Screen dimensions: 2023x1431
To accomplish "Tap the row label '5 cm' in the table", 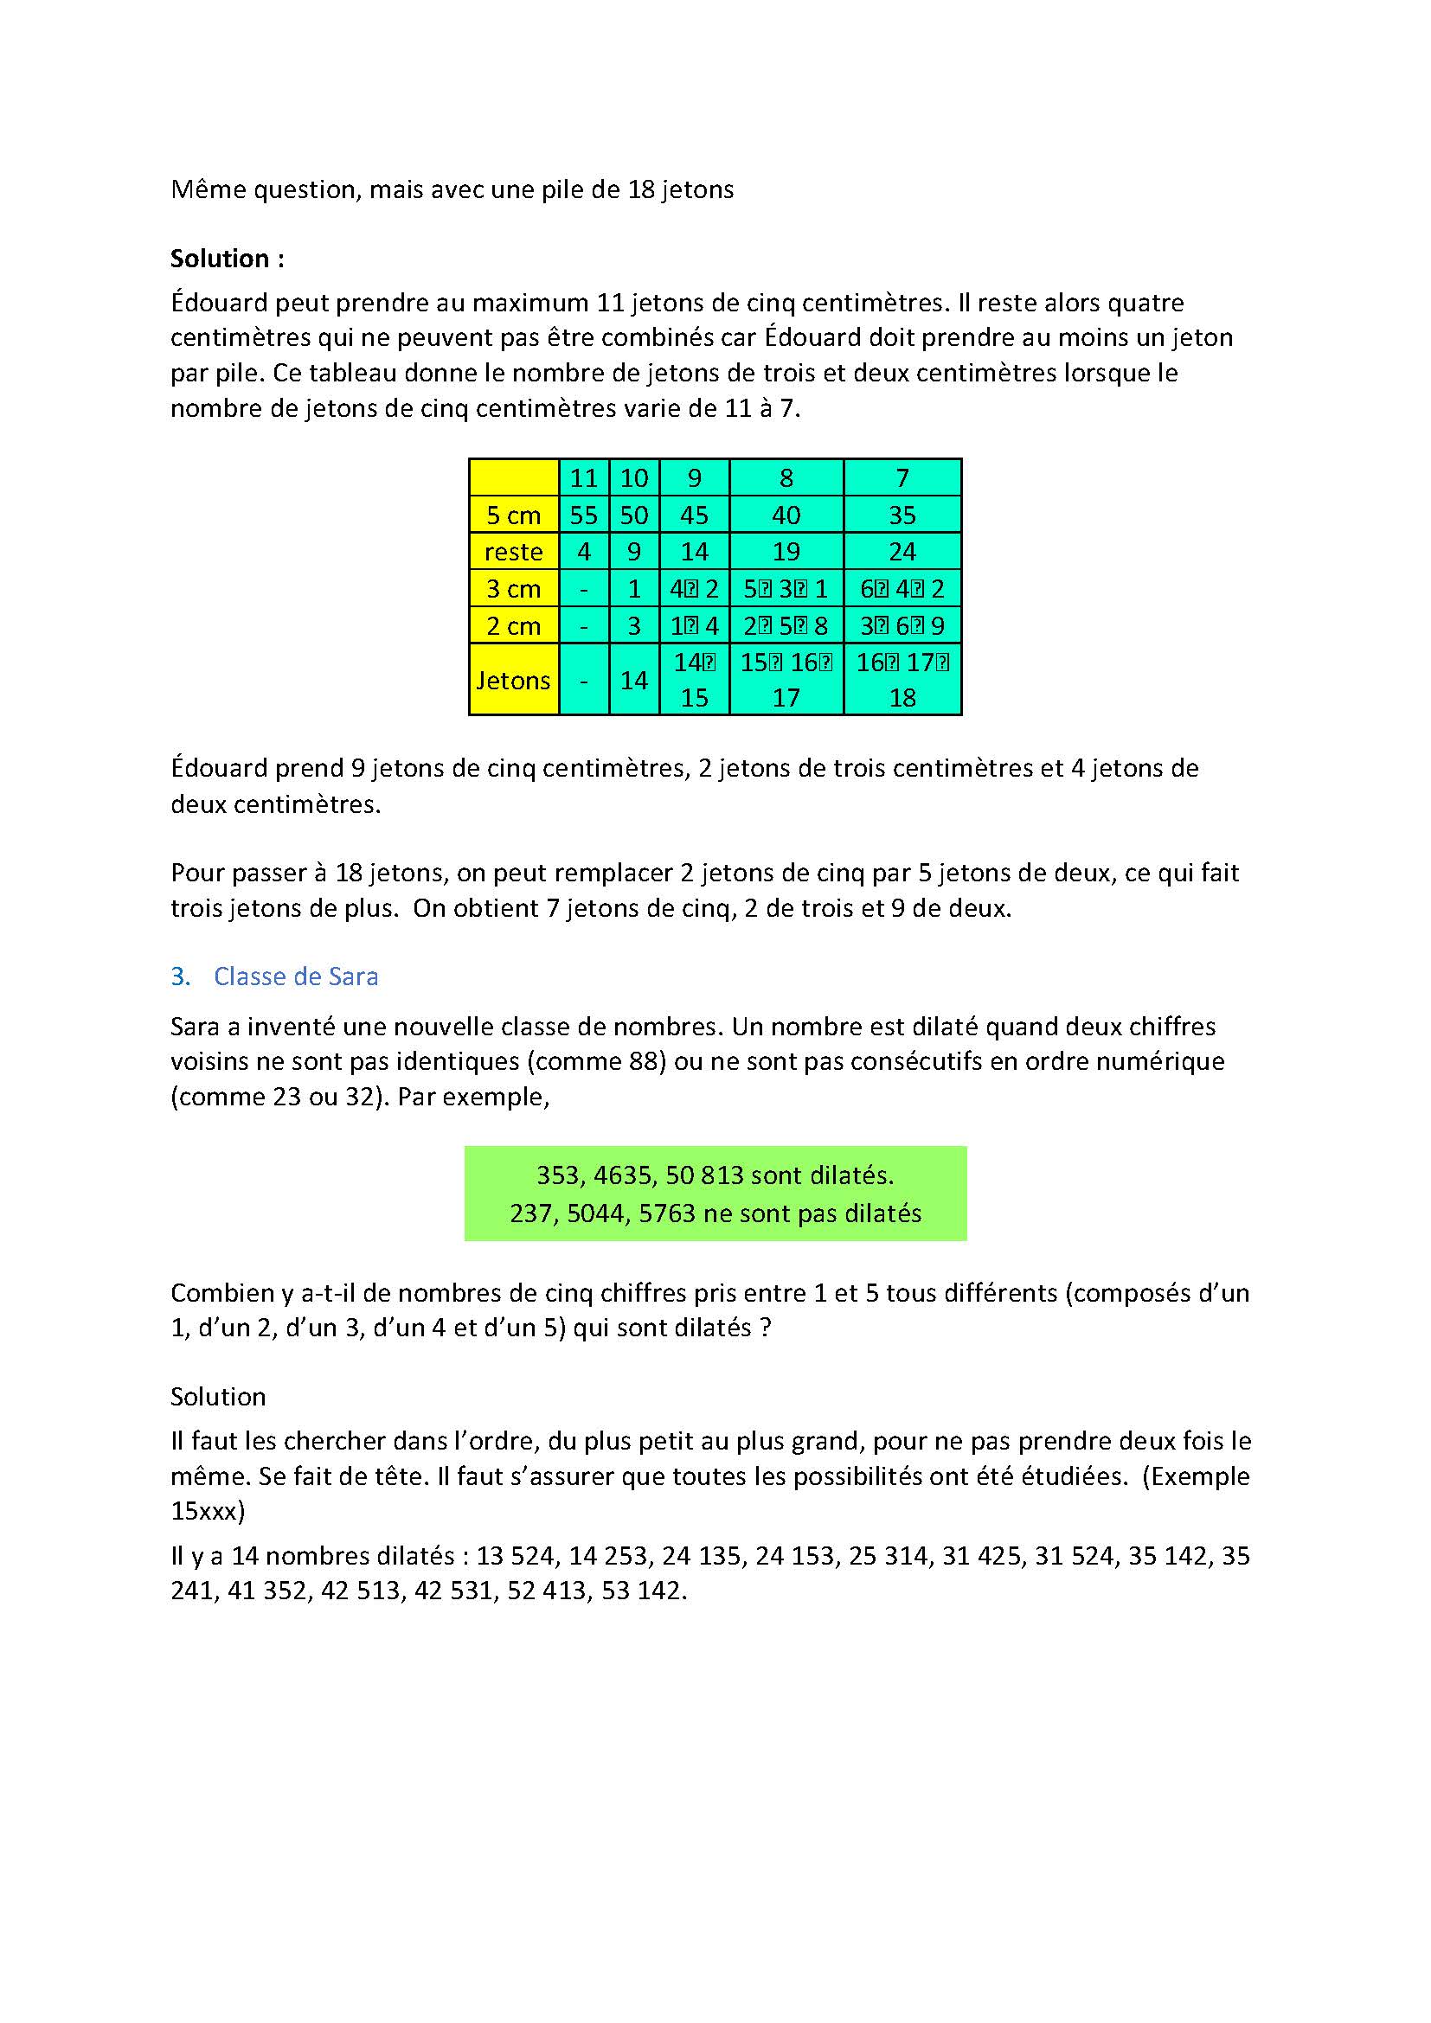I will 513,515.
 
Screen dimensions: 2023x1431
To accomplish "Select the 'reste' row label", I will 513,552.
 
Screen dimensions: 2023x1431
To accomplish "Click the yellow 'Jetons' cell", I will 513,679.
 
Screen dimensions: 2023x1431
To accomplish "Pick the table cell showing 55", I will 583,515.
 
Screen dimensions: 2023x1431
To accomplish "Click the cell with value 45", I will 695,515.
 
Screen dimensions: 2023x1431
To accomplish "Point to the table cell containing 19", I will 786,552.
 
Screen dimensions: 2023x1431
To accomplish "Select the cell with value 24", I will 902,552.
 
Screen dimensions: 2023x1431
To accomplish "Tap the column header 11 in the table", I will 583,477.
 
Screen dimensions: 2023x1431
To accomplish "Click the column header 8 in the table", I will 786,477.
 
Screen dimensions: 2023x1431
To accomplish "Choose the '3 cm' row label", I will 513,589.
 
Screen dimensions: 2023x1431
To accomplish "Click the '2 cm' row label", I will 513,625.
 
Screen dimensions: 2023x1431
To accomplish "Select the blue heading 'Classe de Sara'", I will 296,976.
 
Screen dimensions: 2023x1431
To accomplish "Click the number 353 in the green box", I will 557,1175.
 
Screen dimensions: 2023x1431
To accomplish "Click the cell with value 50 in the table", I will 634,515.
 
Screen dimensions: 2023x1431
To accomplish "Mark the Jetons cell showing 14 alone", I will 634,679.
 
